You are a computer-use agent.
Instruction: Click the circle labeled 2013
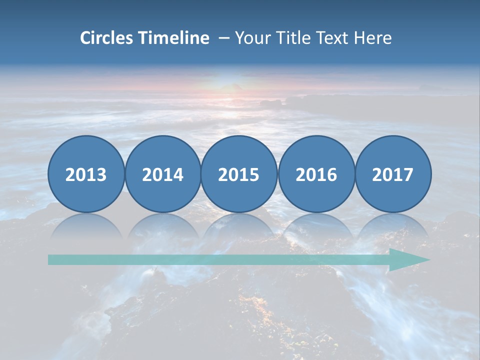pos(86,174)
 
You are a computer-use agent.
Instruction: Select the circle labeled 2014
pos(162,174)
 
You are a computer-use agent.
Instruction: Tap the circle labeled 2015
pos(239,174)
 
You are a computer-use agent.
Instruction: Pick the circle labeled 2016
pos(316,174)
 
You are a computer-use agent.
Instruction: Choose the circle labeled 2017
pos(393,174)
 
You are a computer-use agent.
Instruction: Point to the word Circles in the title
pos(107,38)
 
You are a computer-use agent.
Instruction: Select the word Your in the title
pos(250,38)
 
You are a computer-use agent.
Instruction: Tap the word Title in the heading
pos(289,38)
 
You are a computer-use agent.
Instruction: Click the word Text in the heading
pos(330,38)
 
